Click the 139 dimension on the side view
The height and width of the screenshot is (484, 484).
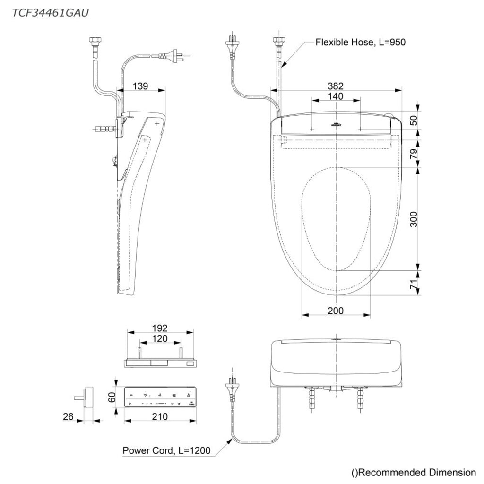coord(140,86)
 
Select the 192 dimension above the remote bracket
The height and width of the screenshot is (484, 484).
coord(160,328)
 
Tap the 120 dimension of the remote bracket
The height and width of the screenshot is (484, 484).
coord(160,339)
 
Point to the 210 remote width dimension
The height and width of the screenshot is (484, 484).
coord(160,416)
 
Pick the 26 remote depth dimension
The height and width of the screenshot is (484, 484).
coord(68,416)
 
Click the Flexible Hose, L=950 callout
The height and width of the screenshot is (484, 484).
coord(360,42)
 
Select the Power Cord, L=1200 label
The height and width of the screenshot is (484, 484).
coord(166,450)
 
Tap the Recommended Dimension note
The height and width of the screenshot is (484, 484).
coord(414,472)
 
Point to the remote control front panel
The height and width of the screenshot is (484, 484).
coord(160,397)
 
